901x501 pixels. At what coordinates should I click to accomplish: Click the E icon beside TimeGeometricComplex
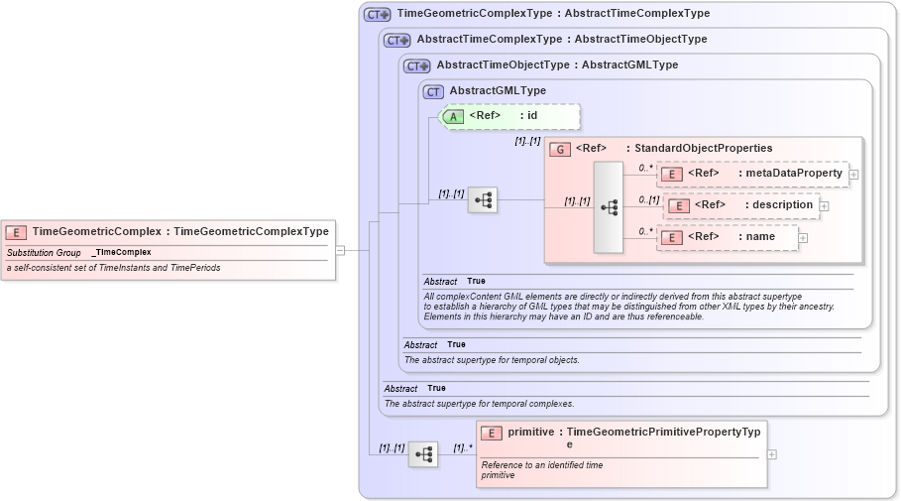click(x=16, y=232)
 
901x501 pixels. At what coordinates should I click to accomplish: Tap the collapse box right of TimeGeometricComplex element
click(x=340, y=250)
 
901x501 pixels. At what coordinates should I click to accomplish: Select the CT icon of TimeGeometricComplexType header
click(x=378, y=15)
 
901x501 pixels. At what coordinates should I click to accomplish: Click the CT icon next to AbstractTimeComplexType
click(x=397, y=41)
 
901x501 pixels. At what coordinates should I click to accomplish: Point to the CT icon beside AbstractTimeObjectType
click(x=417, y=65)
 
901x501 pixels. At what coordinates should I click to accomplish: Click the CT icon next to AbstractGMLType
click(x=433, y=91)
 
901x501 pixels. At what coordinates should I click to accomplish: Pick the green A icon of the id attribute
click(x=453, y=116)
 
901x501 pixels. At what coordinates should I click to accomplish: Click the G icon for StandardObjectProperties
click(x=560, y=149)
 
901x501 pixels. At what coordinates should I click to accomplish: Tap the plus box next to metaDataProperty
click(x=853, y=174)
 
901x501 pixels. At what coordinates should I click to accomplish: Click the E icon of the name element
click(x=672, y=238)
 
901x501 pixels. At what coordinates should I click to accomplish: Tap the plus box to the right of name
click(x=803, y=238)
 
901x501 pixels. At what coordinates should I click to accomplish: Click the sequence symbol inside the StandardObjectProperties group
click(x=609, y=206)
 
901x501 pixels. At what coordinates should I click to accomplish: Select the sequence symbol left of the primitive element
click(x=423, y=454)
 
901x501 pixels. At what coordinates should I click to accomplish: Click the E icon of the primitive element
click(x=492, y=434)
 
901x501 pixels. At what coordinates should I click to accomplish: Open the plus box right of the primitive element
click(x=772, y=454)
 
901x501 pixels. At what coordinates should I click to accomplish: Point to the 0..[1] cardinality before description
click(x=649, y=199)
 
